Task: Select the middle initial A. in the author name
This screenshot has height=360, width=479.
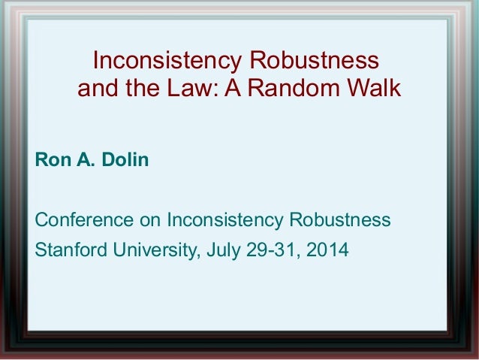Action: pos(82,160)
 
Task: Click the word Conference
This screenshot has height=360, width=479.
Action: pos(85,220)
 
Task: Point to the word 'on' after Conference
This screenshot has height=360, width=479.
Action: pos(151,221)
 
